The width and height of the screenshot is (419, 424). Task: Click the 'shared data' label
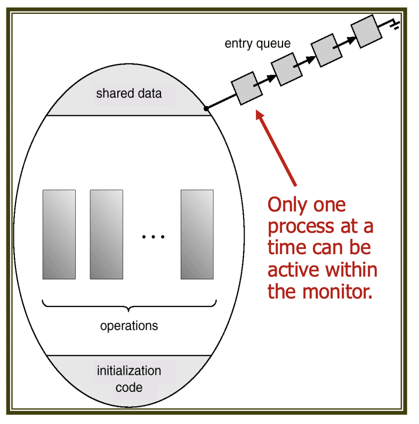click(x=128, y=94)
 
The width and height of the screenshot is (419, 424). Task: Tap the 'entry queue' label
click(x=257, y=43)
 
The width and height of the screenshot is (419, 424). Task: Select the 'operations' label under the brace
click(x=129, y=325)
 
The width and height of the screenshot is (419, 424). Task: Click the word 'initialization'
click(x=129, y=371)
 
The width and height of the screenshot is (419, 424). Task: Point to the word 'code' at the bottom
click(x=129, y=387)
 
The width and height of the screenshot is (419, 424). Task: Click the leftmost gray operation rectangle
click(x=59, y=234)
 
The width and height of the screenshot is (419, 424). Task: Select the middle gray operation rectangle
click(x=107, y=234)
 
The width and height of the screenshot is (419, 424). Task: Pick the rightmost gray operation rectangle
click(x=197, y=234)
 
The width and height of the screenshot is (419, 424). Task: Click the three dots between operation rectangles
click(x=154, y=237)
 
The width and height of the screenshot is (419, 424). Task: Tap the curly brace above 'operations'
click(x=129, y=306)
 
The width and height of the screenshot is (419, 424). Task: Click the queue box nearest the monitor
click(x=247, y=89)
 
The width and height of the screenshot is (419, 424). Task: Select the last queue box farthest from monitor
click(x=367, y=31)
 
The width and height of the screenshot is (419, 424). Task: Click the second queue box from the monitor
click(x=287, y=69)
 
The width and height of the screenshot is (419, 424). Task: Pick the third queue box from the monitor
click(x=327, y=51)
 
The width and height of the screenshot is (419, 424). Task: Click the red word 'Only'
click(x=288, y=205)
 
